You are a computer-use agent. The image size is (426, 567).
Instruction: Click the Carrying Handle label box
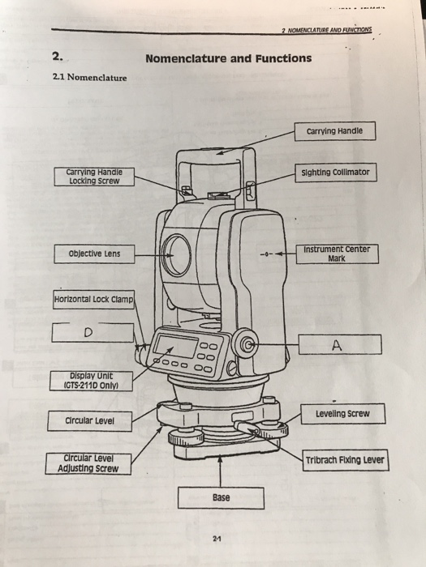click(334, 131)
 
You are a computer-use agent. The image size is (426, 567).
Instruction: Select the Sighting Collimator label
click(335, 173)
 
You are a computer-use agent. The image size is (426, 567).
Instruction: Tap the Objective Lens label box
click(94, 254)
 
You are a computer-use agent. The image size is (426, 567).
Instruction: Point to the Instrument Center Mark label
click(338, 254)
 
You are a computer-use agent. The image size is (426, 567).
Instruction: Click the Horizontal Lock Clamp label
click(93, 300)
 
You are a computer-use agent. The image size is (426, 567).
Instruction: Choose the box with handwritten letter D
click(93, 332)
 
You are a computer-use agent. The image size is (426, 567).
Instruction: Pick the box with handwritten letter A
click(340, 344)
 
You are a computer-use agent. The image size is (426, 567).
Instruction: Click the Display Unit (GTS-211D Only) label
click(91, 381)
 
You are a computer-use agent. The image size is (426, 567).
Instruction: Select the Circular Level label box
click(89, 421)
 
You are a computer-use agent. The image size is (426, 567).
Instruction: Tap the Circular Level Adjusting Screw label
click(88, 463)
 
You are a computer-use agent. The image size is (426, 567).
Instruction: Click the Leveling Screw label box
click(342, 414)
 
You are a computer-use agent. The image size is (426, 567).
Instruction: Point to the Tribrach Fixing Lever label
click(346, 460)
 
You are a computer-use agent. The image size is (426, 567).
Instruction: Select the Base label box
click(221, 498)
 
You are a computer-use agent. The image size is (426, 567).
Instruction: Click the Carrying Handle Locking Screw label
click(94, 177)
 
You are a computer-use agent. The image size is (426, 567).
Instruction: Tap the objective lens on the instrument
click(176, 255)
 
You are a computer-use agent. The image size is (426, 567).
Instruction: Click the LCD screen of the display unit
click(176, 346)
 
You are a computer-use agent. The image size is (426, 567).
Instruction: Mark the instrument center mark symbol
click(267, 254)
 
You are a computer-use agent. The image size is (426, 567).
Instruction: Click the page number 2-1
click(217, 539)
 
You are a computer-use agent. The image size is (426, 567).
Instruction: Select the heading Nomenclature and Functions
click(229, 58)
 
